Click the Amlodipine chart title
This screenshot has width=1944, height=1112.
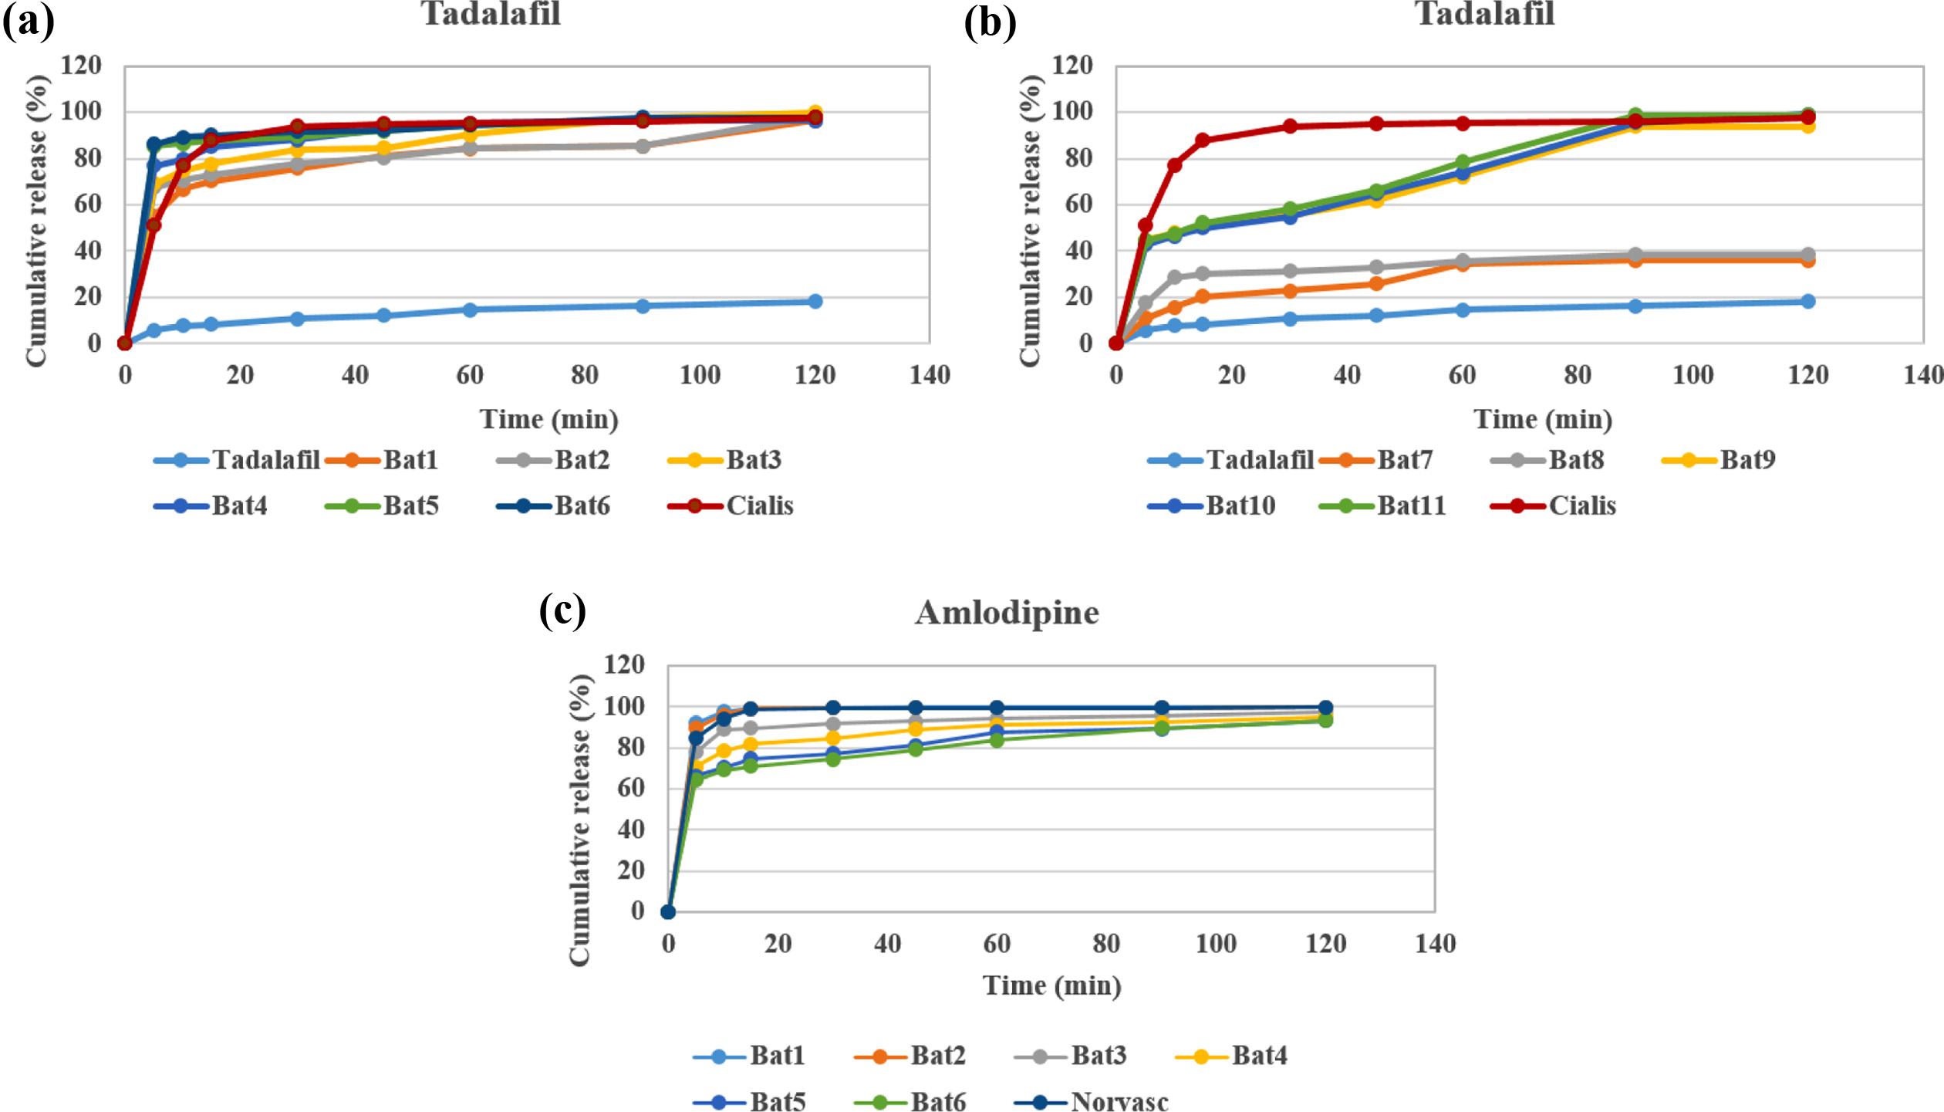click(x=1007, y=613)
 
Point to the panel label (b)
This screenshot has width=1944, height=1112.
click(x=990, y=22)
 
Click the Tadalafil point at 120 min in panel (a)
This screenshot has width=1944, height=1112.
click(x=815, y=301)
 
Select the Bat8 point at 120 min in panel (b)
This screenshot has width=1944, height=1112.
click(x=1807, y=255)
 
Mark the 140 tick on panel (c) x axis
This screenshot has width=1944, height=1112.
click(x=1435, y=943)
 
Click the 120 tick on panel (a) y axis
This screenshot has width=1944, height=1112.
click(x=81, y=66)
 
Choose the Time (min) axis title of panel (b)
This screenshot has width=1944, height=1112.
click(x=1543, y=419)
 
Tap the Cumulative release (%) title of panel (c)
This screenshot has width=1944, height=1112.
click(x=580, y=820)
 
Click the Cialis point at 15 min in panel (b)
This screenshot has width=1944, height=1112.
click(x=1203, y=140)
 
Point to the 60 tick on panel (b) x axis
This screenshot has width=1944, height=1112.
click(x=1462, y=375)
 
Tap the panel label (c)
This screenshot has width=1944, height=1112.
click(x=562, y=611)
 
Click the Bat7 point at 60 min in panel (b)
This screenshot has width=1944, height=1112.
click(x=1462, y=264)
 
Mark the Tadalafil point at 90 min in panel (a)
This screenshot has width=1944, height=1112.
click(x=643, y=306)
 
